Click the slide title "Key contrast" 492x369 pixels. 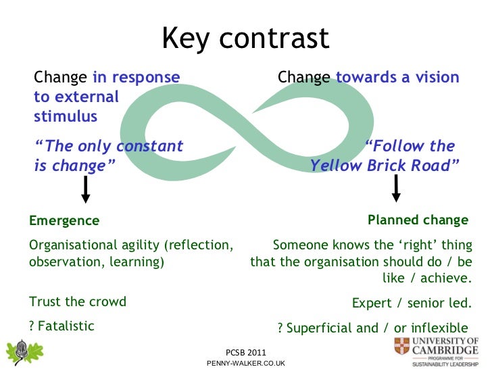pos(245,39)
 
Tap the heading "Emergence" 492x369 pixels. pos(64,221)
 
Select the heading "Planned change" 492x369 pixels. pos(418,220)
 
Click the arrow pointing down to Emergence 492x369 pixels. pos(86,189)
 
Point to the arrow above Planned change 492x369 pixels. pos(397,189)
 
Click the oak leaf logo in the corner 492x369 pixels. pos(25,351)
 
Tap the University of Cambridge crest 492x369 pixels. pos(401,347)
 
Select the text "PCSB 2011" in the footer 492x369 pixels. pos(246,353)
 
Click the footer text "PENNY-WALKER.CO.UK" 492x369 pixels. pos(246,364)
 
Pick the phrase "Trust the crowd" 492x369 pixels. pos(78,301)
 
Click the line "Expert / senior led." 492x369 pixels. pos(412,303)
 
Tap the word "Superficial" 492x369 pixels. pos(323,328)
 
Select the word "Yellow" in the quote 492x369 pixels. pos(337,166)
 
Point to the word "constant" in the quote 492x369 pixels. pos(149,147)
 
